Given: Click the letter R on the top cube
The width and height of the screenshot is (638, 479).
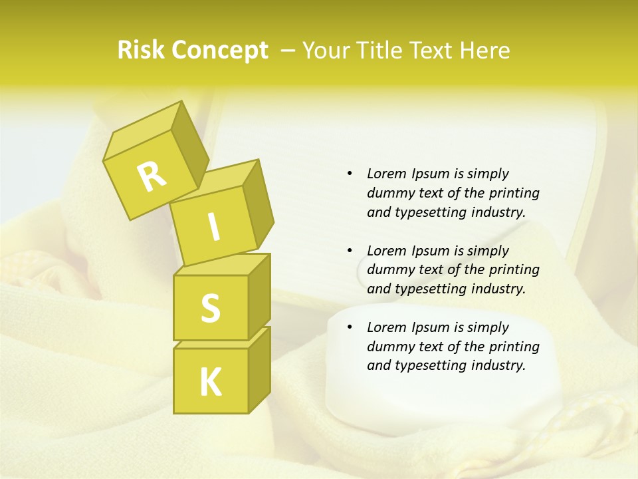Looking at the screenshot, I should click(x=152, y=176).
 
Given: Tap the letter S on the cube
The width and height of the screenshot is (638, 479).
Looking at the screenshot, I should click(x=210, y=308).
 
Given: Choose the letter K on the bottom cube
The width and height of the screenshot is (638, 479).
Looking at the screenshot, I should click(x=210, y=382).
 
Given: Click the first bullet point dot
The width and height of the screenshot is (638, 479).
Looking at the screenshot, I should click(x=350, y=174).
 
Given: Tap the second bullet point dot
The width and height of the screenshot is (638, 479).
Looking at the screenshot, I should click(x=350, y=251).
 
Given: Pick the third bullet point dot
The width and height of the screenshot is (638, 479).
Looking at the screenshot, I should click(x=350, y=327).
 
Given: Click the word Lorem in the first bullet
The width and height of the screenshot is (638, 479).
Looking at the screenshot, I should click(x=386, y=174).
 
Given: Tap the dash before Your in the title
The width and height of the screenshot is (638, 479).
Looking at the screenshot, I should click(x=288, y=51).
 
